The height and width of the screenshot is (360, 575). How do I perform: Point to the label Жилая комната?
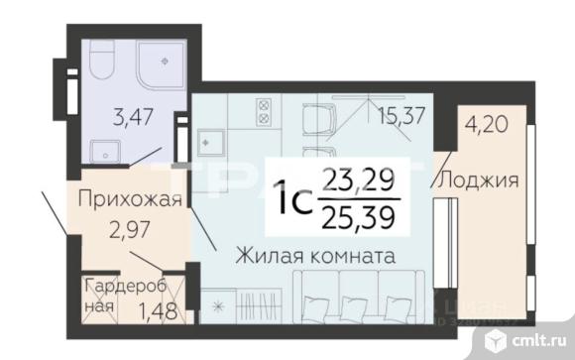pos(316,255)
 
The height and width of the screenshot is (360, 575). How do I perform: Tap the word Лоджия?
pos(479,180)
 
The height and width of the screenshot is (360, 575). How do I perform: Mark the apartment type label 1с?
pos(293,197)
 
